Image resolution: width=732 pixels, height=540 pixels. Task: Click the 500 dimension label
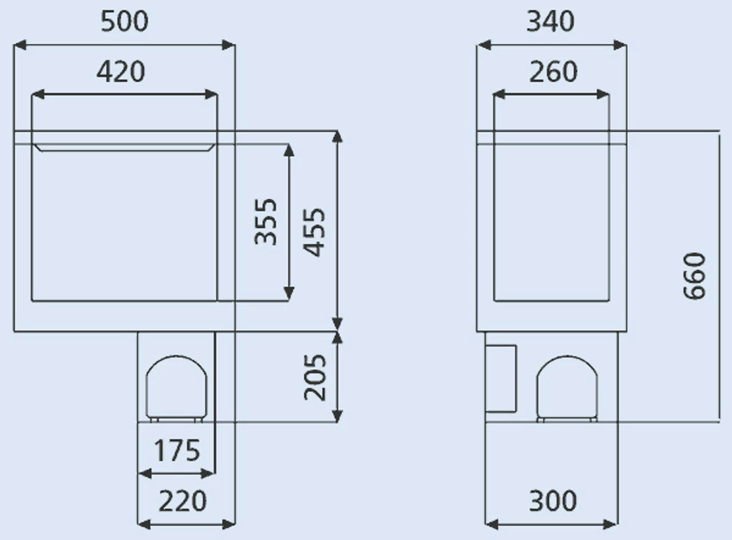pyautogui.click(x=124, y=22)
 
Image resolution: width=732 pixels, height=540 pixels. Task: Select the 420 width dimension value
pyautogui.click(x=121, y=72)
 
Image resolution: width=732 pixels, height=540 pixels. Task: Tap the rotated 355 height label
pyautogui.click(x=266, y=221)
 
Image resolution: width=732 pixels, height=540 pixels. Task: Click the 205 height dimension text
pyautogui.click(x=315, y=377)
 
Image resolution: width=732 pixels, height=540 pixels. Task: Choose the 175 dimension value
pyautogui.click(x=177, y=451)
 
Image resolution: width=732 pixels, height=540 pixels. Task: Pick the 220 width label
pyautogui.click(x=182, y=502)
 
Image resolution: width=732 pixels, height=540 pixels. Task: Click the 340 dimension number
pyautogui.click(x=550, y=22)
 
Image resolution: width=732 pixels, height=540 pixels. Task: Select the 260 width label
pyautogui.click(x=553, y=72)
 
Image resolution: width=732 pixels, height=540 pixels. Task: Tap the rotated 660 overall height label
pyautogui.click(x=695, y=276)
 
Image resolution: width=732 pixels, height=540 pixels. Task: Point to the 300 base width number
pyautogui.click(x=552, y=502)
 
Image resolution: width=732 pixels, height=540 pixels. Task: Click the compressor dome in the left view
pyautogui.click(x=176, y=387)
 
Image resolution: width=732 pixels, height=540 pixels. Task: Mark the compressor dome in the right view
pyautogui.click(x=567, y=387)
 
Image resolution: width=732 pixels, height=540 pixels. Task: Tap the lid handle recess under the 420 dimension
pyautogui.click(x=124, y=147)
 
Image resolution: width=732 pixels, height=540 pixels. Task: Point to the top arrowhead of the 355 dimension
pyautogui.click(x=289, y=150)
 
